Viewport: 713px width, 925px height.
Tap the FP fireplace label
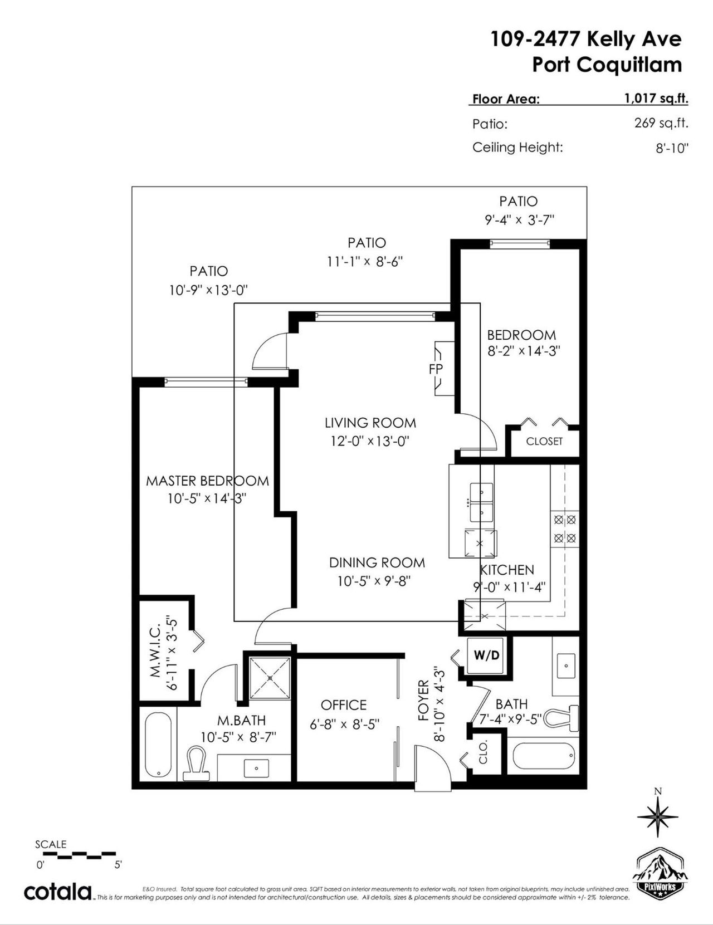pos(436,369)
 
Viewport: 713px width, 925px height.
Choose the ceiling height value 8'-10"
pos(672,149)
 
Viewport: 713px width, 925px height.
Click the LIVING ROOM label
pos(370,423)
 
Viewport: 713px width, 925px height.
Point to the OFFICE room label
pos(344,705)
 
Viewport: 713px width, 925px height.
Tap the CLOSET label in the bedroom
pos(544,442)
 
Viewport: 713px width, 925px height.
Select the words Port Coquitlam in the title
pos(607,65)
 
